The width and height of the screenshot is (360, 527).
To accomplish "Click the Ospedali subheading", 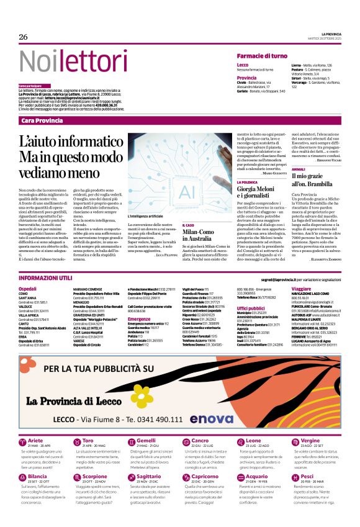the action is click(28, 289).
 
